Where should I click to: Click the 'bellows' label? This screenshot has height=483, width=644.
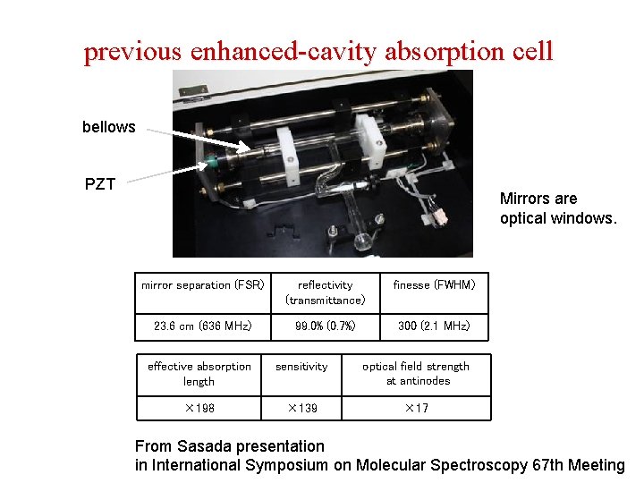[x=108, y=127]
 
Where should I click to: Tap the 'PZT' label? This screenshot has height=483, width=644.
[x=100, y=185]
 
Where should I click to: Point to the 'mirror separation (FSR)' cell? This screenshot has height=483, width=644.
[x=202, y=285]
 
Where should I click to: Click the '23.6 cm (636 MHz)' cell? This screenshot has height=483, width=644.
[x=202, y=326]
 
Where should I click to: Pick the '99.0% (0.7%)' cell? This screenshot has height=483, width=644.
[x=325, y=326]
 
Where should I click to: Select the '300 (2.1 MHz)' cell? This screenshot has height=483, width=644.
[x=434, y=326]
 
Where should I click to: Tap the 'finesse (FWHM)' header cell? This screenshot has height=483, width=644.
[x=434, y=285]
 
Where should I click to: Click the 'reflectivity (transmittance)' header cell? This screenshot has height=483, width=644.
[x=325, y=292]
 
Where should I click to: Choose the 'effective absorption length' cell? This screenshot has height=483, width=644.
[x=199, y=374]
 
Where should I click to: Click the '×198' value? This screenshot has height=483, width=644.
[x=199, y=409]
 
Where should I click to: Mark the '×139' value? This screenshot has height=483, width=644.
[x=301, y=409]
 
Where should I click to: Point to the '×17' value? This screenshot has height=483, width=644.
[x=416, y=409]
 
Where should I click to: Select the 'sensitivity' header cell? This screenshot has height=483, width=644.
[x=301, y=367]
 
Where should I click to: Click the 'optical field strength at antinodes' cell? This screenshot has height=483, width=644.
[x=416, y=374]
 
